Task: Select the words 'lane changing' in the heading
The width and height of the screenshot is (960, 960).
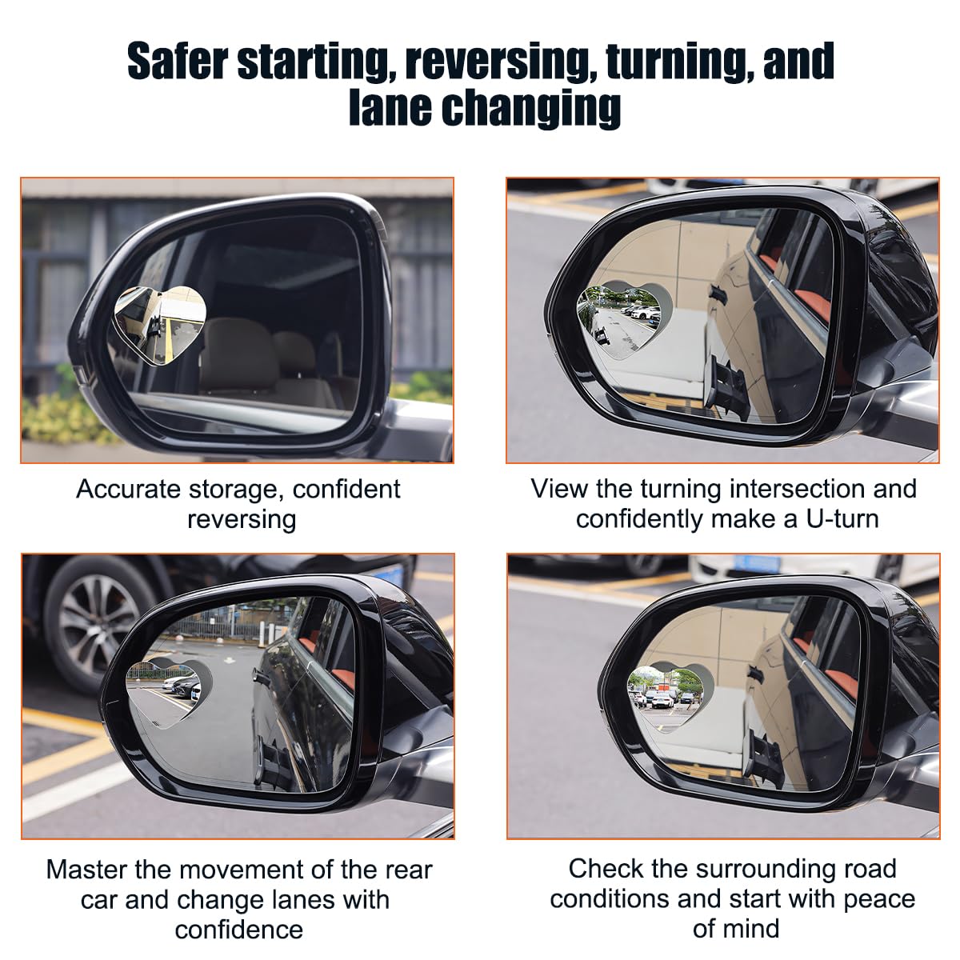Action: pos(484,108)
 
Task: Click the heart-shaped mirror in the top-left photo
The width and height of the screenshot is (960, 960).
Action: pos(161,315)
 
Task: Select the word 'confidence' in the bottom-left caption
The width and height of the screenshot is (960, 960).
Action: pos(239,930)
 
